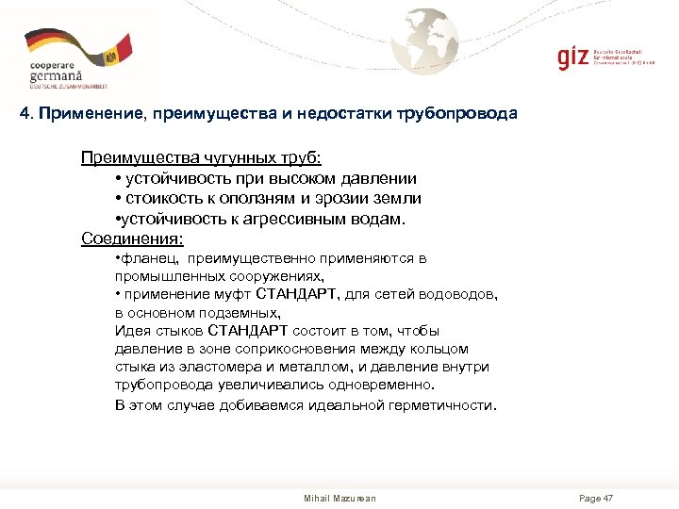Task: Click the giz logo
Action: (x=571, y=56)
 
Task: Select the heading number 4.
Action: (x=25, y=114)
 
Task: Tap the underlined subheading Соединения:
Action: (x=132, y=238)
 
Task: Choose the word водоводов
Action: (x=459, y=294)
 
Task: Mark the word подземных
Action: (x=240, y=312)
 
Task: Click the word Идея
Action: (x=131, y=331)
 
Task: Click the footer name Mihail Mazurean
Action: (x=339, y=498)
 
